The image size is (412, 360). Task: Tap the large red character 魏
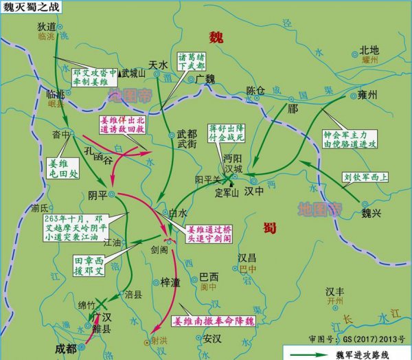218,36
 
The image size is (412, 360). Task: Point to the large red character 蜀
271,227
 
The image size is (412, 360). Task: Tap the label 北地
369,50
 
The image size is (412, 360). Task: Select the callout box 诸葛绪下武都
192,62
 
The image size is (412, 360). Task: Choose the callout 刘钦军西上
362,177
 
